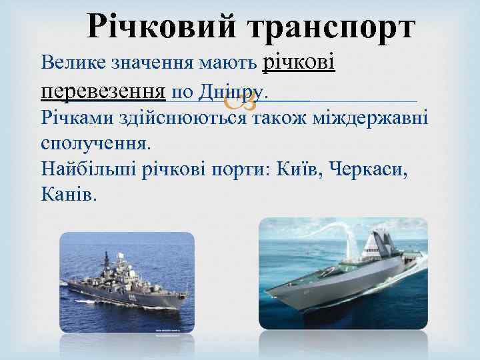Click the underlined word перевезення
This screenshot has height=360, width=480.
pyautogui.click(x=103, y=91)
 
